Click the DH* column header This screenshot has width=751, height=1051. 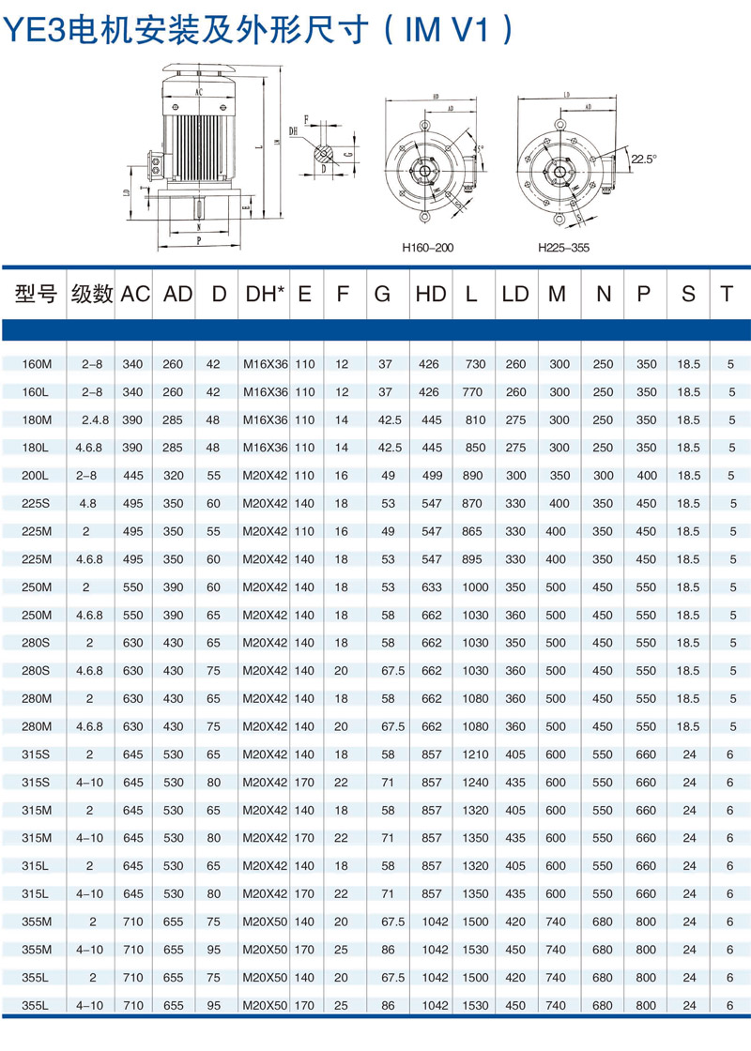(265, 294)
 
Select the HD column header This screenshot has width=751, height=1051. (430, 294)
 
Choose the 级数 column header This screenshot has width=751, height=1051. (92, 294)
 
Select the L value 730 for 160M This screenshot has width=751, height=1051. (473, 364)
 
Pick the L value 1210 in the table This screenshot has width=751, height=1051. (473, 754)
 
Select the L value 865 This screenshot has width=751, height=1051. (473, 531)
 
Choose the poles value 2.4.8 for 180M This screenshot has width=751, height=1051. (92, 419)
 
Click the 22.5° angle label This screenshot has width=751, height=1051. (644, 159)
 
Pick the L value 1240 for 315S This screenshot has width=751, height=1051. (473, 782)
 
